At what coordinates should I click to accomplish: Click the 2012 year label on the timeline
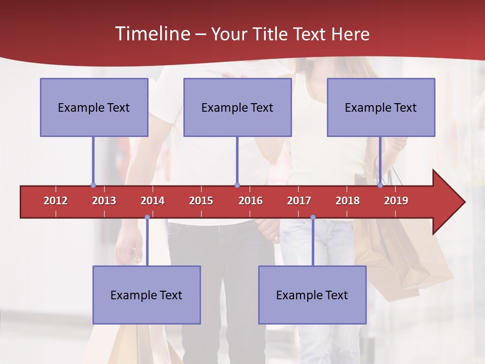point(56,201)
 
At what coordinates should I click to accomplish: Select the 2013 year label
point(104,201)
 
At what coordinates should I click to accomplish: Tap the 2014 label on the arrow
point(153,201)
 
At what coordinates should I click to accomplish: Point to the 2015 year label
point(201,201)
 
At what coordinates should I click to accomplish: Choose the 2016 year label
point(251,201)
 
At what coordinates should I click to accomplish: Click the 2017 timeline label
point(299,201)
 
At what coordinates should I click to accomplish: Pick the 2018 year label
point(348,201)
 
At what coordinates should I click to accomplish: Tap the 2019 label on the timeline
point(396,201)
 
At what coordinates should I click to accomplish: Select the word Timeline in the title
point(152,34)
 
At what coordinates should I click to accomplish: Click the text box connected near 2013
point(94,107)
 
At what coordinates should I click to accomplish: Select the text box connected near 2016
point(237,107)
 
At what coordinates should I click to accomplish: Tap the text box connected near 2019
point(381,107)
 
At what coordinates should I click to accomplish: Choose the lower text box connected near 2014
point(147,295)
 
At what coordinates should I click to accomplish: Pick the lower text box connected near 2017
point(312,295)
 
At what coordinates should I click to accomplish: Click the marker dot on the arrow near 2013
point(93,186)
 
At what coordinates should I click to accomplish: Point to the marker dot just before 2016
point(237,186)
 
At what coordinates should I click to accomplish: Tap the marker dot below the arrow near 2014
point(147,217)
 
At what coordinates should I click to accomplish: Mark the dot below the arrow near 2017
point(313,217)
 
